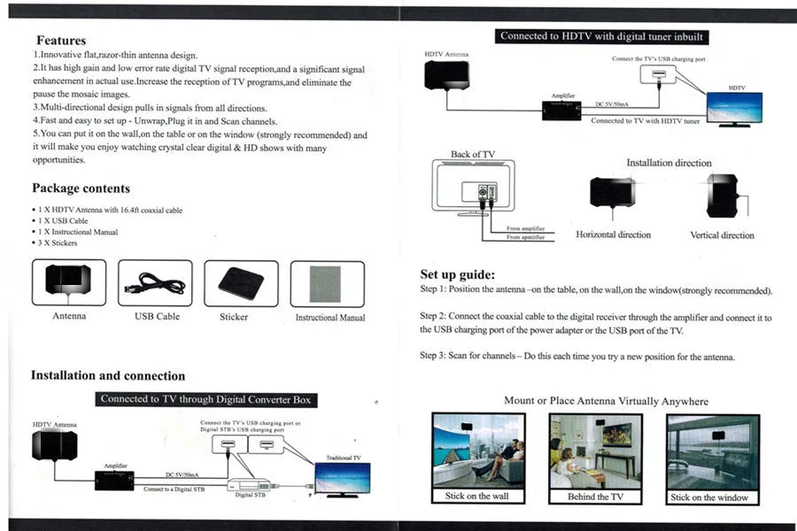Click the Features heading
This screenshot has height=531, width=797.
tap(61, 41)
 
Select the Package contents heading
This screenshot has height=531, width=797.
tap(81, 189)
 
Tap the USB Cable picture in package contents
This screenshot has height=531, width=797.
tap(155, 283)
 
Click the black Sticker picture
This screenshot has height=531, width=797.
tap(241, 282)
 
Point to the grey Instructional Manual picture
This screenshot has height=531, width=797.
tap(326, 283)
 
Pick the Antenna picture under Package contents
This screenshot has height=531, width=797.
tap(68, 281)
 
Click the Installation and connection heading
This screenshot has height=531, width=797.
tap(108, 375)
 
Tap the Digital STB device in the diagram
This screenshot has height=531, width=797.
tap(247, 485)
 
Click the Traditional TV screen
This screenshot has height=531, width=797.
tap(343, 478)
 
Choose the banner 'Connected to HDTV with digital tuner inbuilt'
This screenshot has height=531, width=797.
tap(602, 36)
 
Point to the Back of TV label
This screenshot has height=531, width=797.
tap(473, 154)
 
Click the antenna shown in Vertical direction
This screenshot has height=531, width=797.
tap(723, 196)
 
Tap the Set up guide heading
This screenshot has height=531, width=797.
tap(457, 274)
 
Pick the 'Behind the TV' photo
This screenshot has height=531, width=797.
tap(594, 450)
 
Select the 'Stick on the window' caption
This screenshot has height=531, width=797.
tap(709, 497)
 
